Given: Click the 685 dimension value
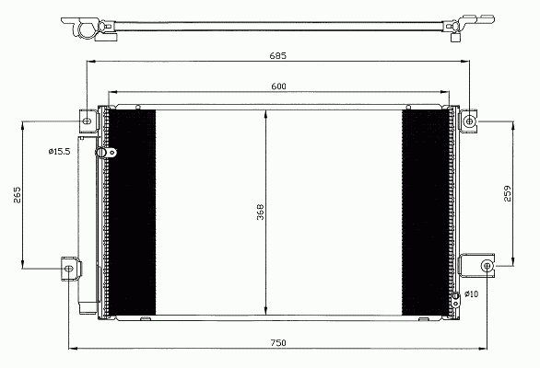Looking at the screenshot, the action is (278, 55).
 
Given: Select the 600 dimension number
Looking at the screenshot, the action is (278, 86).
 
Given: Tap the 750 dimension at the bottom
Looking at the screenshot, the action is (278, 343).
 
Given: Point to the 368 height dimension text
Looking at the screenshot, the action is (260, 212).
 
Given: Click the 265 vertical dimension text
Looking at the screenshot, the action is (18, 195).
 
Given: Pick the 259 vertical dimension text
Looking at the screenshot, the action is (508, 193).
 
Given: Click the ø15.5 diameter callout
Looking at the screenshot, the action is (59, 151).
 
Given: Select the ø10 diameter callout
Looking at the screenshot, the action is (471, 294).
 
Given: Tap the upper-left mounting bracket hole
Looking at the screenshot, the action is (88, 121).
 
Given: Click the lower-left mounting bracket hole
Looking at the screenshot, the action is (69, 269).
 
